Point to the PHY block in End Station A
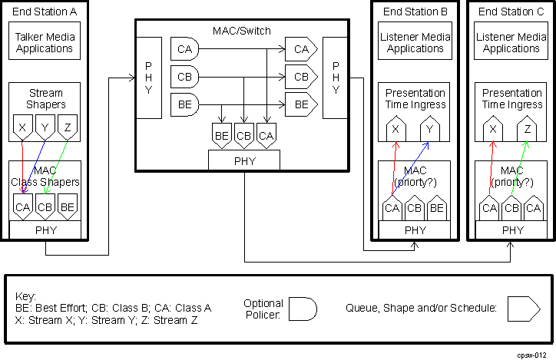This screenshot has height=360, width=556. tap(45, 230)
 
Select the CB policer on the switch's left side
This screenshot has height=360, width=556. tap(184, 77)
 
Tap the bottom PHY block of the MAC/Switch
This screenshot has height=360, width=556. tap(244, 160)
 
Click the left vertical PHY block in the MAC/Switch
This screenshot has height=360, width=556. tap(148, 77)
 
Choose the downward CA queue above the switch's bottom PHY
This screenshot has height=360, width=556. tap(266, 136)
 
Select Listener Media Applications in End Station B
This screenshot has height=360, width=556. tap(415, 42)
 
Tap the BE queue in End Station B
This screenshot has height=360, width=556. tap(437, 207)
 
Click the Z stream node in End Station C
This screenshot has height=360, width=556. tap(526, 130)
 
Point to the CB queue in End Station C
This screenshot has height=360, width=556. tap(511, 207)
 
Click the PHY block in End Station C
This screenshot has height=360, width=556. tap(511, 230)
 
